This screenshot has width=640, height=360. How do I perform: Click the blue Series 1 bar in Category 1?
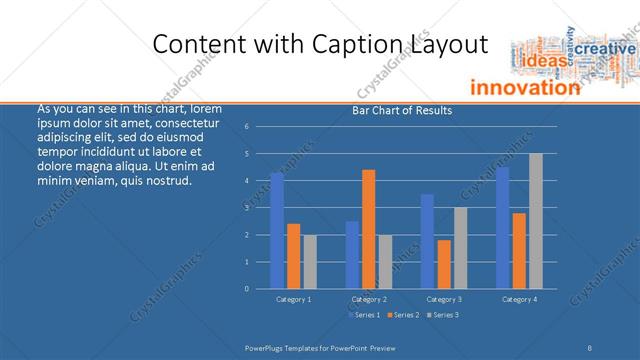[277, 231]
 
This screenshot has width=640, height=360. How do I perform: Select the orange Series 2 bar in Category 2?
[369, 229]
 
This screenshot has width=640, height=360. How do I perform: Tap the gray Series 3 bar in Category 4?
[536, 221]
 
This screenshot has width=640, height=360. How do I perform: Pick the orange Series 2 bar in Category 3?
[444, 264]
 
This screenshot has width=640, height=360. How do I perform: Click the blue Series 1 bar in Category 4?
[503, 228]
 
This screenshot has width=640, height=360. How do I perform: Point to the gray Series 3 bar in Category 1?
[310, 262]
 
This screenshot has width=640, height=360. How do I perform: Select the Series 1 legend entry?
[365, 315]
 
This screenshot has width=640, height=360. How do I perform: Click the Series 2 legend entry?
[402, 315]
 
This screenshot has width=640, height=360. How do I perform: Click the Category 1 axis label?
[294, 298]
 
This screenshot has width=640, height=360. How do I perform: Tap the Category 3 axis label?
[444, 298]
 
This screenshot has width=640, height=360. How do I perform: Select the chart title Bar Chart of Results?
[402, 110]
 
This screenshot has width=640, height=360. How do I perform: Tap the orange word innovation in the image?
[524, 87]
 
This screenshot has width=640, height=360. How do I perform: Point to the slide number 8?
[590, 347]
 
